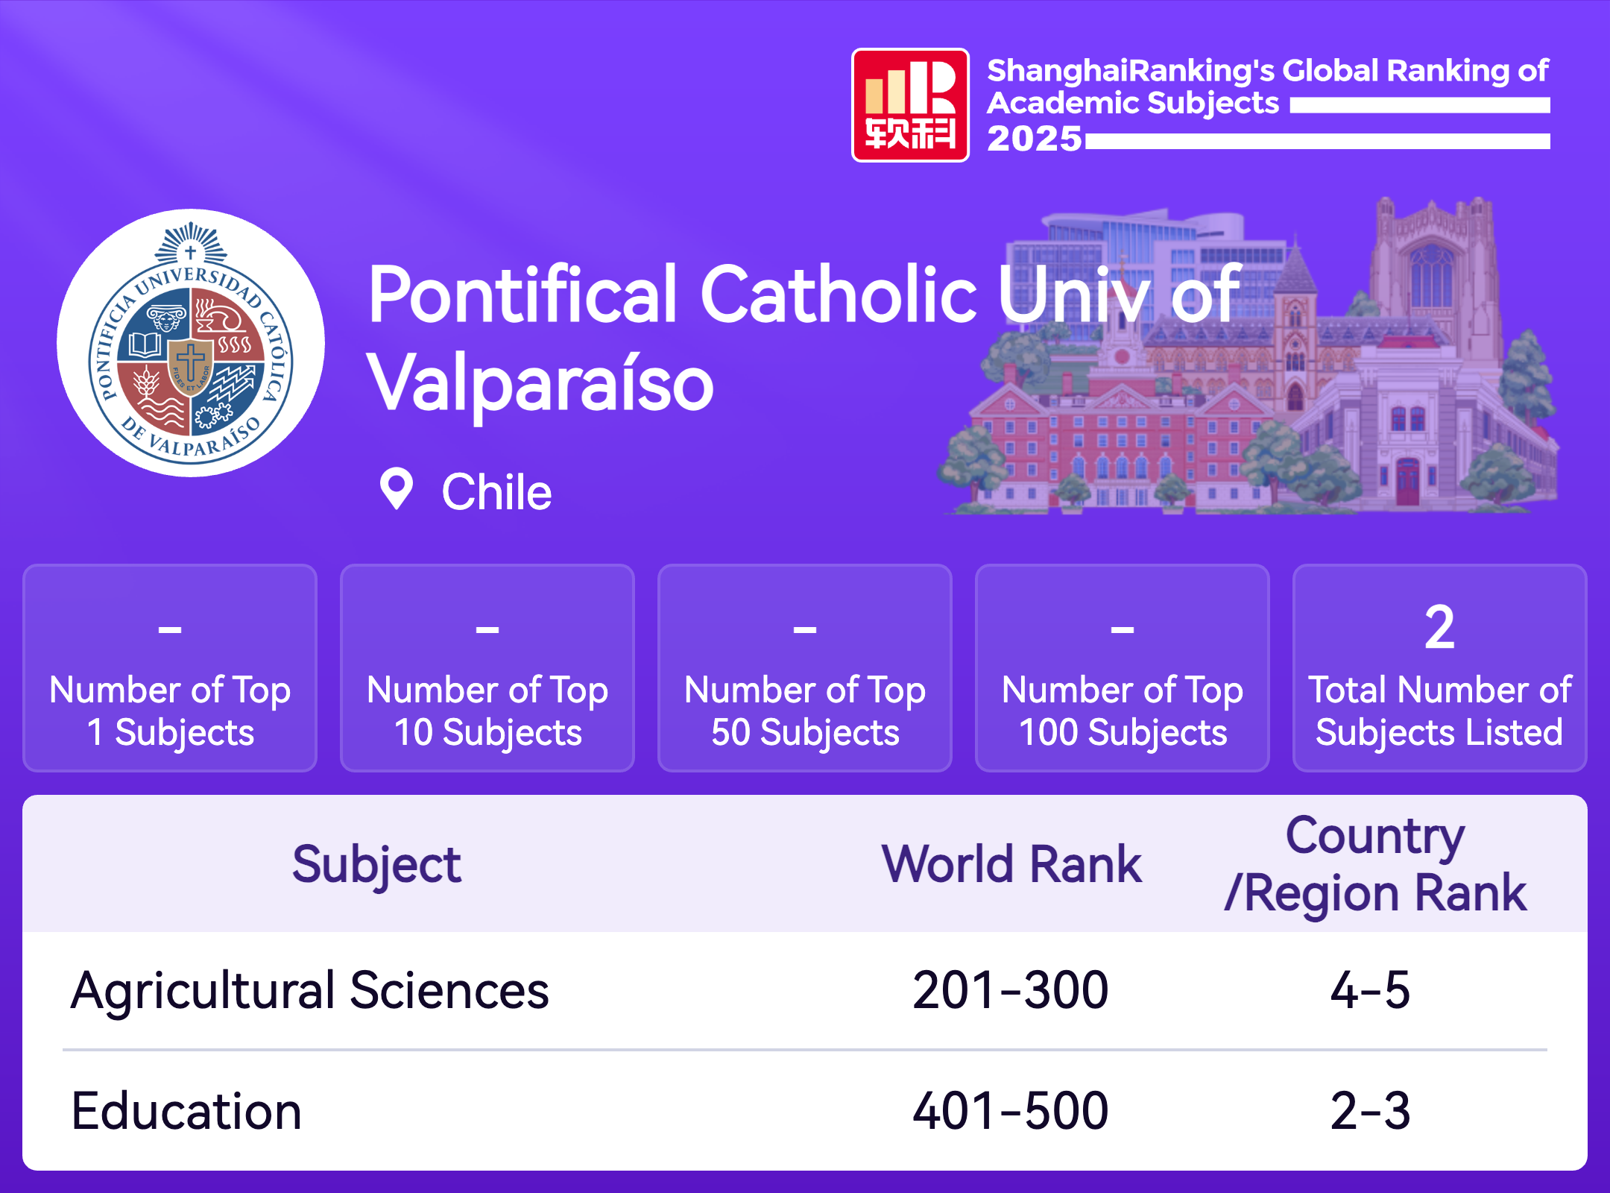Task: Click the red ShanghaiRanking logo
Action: pyautogui.click(x=910, y=105)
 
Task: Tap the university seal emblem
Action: pyautogui.click(x=191, y=343)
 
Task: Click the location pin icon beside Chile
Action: pyautogui.click(x=397, y=489)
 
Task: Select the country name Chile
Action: pyautogui.click(x=496, y=492)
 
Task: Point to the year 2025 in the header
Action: pyautogui.click(x=1035, y=139)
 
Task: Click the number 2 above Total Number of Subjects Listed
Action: pyautogui.click(x=1439, y=628)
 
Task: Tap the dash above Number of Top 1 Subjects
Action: pyautogui.click(x=170, y=630)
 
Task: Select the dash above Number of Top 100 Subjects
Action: pyautogui.click(x=1123, y=630)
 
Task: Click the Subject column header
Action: pyautogui.click(x=376, y=865)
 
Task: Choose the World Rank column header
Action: pyautogui.click(x=1011, y=864)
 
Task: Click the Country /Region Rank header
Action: pyautogui.click(x=1375, y=864)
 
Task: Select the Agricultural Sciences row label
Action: pyautogui.click(x=310, y=991)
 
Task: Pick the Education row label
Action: pyautogui.click(x=186, y=1111)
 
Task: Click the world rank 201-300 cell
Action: pyautogui.click(x=1011, y=991)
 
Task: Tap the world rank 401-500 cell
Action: pyautogui.click(x=1011, y=1111)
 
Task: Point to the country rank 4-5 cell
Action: pyautogui.click(x=1370, y=991)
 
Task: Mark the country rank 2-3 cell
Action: pyautogui.click(x=1370, y=1111)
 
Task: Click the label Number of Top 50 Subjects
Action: pyautogui.click(x=805, y=711)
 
